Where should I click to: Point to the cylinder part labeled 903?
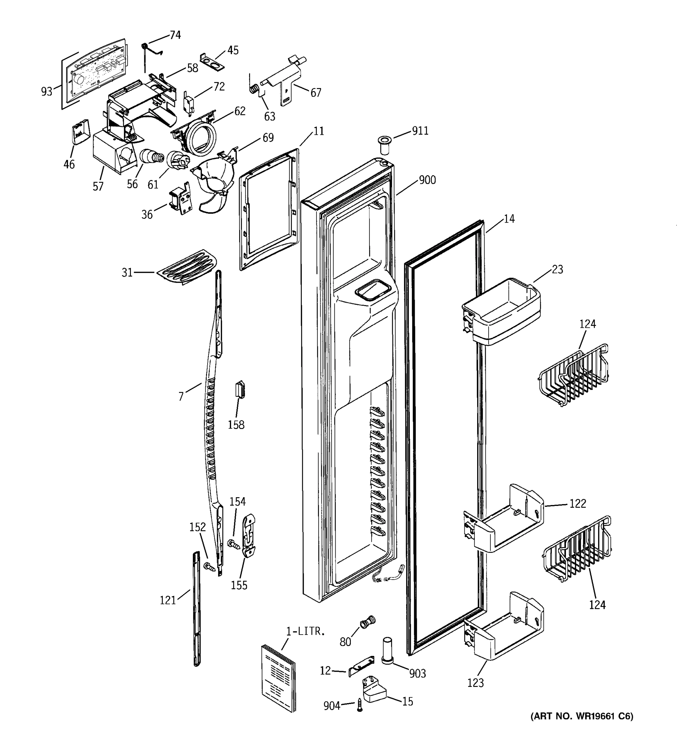[x=387, y=650]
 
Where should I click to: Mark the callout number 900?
[x=427, y=180]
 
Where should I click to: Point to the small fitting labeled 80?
[x=367, y=622]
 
